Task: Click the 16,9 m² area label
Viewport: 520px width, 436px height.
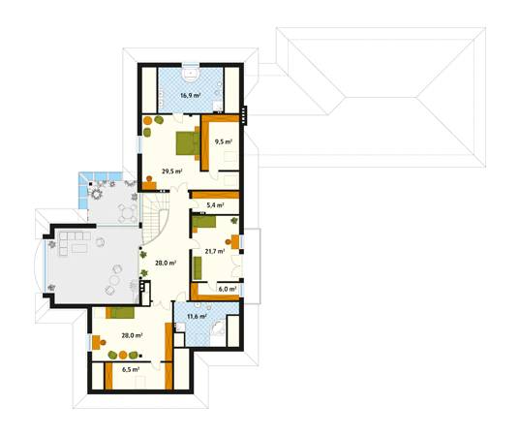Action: [190, 96]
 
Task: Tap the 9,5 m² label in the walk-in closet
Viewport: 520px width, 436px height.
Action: [223, 142]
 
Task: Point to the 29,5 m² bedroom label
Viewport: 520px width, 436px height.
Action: [172, 171]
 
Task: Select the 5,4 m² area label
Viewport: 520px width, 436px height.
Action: [215, 205]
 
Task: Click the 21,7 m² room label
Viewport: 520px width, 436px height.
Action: [215, 251]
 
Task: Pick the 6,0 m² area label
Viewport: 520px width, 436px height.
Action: [228, 289]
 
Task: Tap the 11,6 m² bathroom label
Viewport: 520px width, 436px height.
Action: [197, 316]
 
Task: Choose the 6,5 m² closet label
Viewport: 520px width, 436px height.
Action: [131, 369]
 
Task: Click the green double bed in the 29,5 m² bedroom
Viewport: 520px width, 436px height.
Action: [188, 143]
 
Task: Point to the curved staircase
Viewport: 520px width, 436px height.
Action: [155, 217]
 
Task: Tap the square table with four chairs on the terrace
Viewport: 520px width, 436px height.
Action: [128, 213]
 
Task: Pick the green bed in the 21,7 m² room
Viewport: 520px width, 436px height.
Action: [204, 222]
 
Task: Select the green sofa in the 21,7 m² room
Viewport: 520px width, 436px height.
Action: [198, 268]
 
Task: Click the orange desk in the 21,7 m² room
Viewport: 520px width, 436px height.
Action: [235, 241]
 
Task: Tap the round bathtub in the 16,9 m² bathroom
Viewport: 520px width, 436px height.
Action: [191, 75]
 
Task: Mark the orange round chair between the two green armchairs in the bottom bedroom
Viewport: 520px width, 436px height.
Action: [123, 355]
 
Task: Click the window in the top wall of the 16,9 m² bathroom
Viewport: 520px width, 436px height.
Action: [191, 64]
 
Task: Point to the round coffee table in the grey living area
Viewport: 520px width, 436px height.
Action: [115, 281]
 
